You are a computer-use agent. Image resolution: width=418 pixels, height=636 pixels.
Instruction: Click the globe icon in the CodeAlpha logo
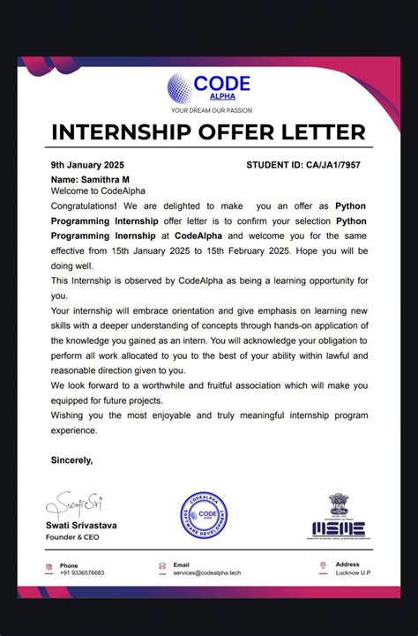[179, 88]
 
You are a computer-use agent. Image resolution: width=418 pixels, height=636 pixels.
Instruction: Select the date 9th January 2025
[87, 165]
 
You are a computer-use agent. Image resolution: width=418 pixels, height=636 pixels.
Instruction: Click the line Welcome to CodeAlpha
[98, 191]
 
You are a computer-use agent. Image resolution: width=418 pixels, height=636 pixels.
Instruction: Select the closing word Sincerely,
[71, 460]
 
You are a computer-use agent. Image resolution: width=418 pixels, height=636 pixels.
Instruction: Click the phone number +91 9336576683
[82, 572]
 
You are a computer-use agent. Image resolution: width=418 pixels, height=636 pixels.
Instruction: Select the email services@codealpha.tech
[207, 572]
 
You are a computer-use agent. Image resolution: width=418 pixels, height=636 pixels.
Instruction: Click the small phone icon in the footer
[49, 567]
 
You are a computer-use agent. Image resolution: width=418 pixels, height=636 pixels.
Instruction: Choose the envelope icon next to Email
[162, 566]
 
